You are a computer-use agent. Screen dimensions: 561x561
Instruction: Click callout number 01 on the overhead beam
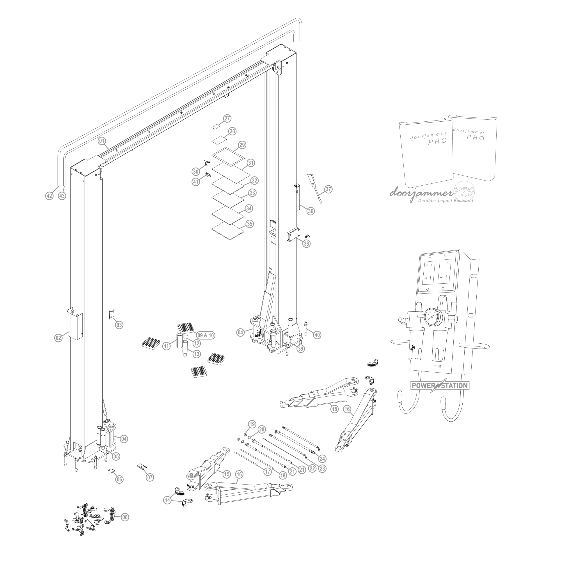[x=102, y=141]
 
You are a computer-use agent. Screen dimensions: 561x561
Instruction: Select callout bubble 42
[x=49, y=196]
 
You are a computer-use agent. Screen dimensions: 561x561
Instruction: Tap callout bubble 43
[x=62, y=196]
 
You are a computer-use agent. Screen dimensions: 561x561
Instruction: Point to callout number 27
[x=227, y=119]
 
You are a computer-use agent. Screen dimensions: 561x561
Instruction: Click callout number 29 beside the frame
[x=242, y=145]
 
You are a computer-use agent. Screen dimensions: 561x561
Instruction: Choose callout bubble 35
[x=249, y=224]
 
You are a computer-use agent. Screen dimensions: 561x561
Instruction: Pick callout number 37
[x=328, y=189]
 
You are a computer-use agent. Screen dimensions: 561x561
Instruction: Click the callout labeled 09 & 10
[x=206, y=335]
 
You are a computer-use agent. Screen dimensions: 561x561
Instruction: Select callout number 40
[x=317, y=335]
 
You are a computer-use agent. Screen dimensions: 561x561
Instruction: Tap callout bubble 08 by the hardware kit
[x=125, y=517]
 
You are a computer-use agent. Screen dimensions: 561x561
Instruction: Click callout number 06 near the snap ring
[x=119, y=479]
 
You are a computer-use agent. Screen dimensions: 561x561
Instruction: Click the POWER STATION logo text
[x=440, y=386]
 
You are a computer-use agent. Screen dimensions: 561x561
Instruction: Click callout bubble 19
[x=252, y=424]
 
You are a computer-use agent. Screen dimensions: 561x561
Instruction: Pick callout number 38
[x=306, y=244]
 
